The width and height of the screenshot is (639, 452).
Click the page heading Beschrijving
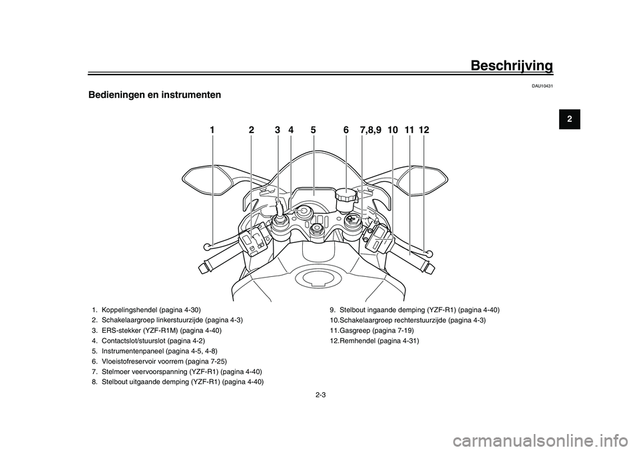click(511, 66)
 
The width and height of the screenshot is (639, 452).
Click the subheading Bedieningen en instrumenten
click(154, 95)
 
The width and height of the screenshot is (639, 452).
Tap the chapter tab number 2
click(569, 119)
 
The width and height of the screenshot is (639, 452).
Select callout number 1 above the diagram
click(212, 130)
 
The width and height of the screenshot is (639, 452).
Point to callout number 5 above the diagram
click(313, 130)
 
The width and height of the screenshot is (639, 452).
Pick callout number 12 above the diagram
click(424, 130)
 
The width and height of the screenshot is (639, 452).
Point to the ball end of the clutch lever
click(208, 246)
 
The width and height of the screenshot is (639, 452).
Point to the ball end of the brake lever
click(427, 253)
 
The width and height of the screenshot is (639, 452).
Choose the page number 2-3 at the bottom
click(320, 395)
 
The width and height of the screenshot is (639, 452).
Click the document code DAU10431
click(542, 87)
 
